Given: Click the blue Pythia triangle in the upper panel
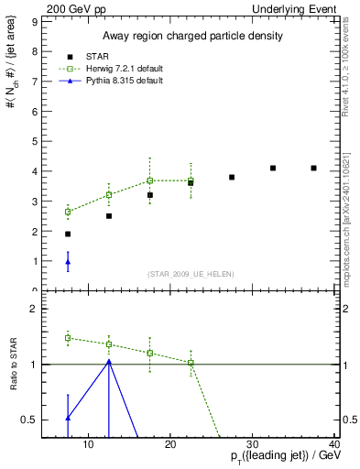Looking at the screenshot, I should click(x=68, y=262).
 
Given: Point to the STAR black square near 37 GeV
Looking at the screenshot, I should click(x=313, y=168).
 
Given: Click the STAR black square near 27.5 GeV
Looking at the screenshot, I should click(x=232, y=177).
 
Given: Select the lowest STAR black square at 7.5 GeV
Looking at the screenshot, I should click(x=68, y=234).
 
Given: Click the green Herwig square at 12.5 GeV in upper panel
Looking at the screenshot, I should click(x=109, y=194).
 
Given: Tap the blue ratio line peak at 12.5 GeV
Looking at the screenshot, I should click(x=109, y=361).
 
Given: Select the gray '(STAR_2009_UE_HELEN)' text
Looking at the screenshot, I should click(x=191, y=275).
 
